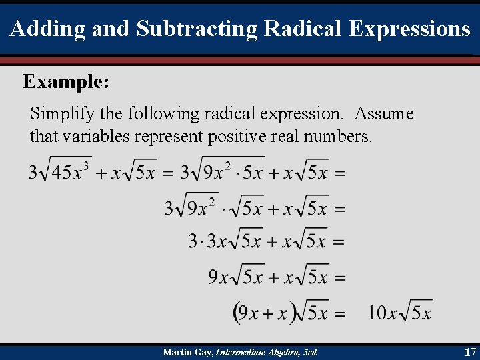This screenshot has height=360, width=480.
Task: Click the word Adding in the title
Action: pyautogui.click(x=39, y=29)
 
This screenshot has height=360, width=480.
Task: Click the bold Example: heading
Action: pyautogui.click(x=66, y=82)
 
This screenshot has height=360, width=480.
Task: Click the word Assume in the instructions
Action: pyautogui.click(x=384, y=114)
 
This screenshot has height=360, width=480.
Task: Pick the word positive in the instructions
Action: pyautogui.click(x=238, y=137)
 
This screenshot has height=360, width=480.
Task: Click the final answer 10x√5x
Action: pyautogui.click(x=399, y=312)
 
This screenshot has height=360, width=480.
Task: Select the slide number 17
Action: pyautogui.click(x=469, y=351)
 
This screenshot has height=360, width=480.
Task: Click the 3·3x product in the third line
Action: pyautogui.click(x=207, y=241)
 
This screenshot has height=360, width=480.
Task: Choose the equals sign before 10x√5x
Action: pyautogui.click(x=340, y=313)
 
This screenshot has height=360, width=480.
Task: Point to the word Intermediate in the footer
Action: pyautogui.click(x=237, y=352)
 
